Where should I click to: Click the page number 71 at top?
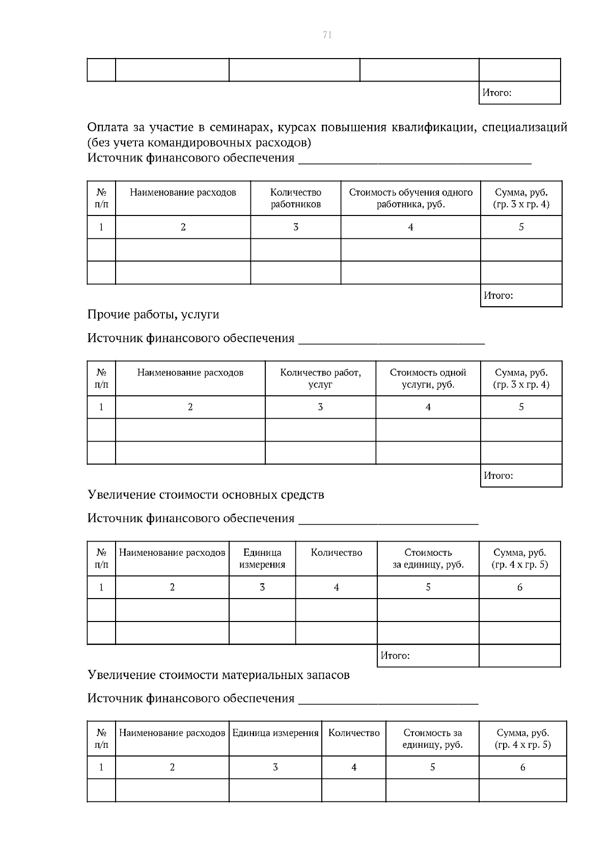click(327, 35)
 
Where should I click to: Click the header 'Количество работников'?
click(295, 198)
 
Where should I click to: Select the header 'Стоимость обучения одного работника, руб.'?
click(410, 198)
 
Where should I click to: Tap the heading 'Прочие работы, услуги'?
click(153, 314)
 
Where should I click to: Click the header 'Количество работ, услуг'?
click(320, 378)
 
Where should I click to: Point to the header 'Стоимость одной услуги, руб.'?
click(428, 378)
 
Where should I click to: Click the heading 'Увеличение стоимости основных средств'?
click(206, 495)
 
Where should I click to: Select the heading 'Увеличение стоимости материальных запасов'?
click(218, 675)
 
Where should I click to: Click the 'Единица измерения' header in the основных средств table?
click(262, 558)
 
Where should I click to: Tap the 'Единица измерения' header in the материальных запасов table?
click(275, 733)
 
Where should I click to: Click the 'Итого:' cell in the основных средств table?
click(395, 656)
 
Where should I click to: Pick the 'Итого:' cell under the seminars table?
click(498, 295)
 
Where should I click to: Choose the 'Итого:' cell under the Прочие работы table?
click(498, 476)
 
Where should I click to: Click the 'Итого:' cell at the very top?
click(496, 93)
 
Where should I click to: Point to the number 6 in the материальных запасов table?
click(522, 767)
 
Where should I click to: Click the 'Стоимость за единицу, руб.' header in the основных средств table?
click(428, 558)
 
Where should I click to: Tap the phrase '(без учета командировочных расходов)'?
click(199, 142)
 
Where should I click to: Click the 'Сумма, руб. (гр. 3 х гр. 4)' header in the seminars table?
click(521, 198)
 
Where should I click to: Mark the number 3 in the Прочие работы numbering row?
click(320, 407)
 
